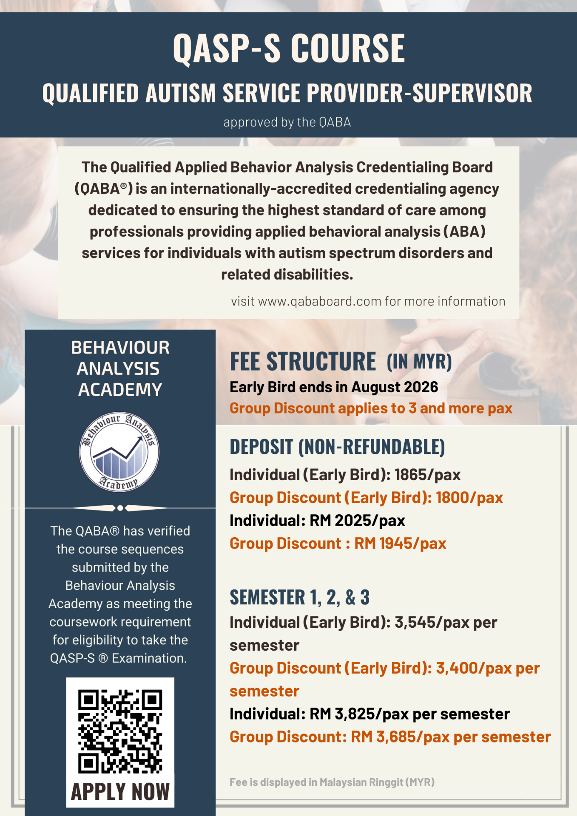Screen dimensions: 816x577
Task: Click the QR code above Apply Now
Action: click(x=120, y=731)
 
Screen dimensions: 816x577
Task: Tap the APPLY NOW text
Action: click(x=120, y=792)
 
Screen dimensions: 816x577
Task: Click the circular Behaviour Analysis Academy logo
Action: click(x=119, y=452)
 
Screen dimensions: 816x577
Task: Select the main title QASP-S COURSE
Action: click(x=289, y=48)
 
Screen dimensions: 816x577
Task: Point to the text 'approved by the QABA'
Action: click(x=287, y=122)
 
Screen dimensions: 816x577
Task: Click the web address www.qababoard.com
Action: click(x=319, y=301)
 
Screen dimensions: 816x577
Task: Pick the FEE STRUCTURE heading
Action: click(x=303, y=362)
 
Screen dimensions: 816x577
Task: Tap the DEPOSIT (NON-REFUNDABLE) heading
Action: click(x=337, y=447)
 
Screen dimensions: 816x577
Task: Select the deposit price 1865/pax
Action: click(x=427, y=475)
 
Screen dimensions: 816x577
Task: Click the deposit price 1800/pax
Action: click(x=469, y=498)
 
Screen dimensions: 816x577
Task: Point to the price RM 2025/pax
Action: click(x=357, y=521)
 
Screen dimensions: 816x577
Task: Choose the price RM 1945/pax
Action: click(x=400, y=544)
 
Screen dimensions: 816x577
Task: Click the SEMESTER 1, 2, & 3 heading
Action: click(x=299, y=598)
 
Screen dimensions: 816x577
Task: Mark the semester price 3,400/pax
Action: click(x=474, y=669)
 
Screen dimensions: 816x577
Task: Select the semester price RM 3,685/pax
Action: click(x=400, y=737)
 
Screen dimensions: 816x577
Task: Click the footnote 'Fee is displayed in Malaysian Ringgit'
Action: click(x=332, y=782)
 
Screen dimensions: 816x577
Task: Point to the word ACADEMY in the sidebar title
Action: click(x=120, y=390)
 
